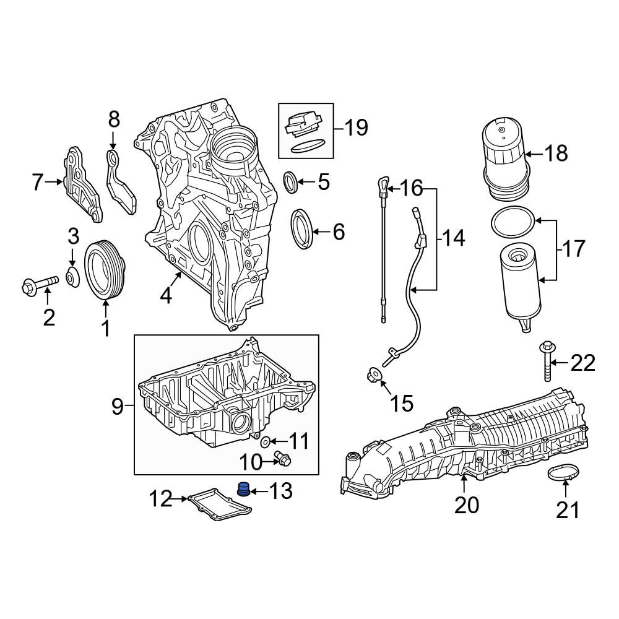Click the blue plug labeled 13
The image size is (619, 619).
(243, 490)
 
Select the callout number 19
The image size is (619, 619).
(356, 128)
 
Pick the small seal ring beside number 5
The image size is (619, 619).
(291, 183)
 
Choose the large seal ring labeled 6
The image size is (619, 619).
(301, 230)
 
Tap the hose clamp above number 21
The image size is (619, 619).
(565, 472)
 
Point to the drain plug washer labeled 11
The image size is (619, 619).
(266, 441)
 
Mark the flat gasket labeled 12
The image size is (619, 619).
(220, 504)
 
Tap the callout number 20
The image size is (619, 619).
(466, 505)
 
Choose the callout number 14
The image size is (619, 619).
(454, 238)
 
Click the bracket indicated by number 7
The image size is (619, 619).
(82, 184)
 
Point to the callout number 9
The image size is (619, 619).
(118, 406)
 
